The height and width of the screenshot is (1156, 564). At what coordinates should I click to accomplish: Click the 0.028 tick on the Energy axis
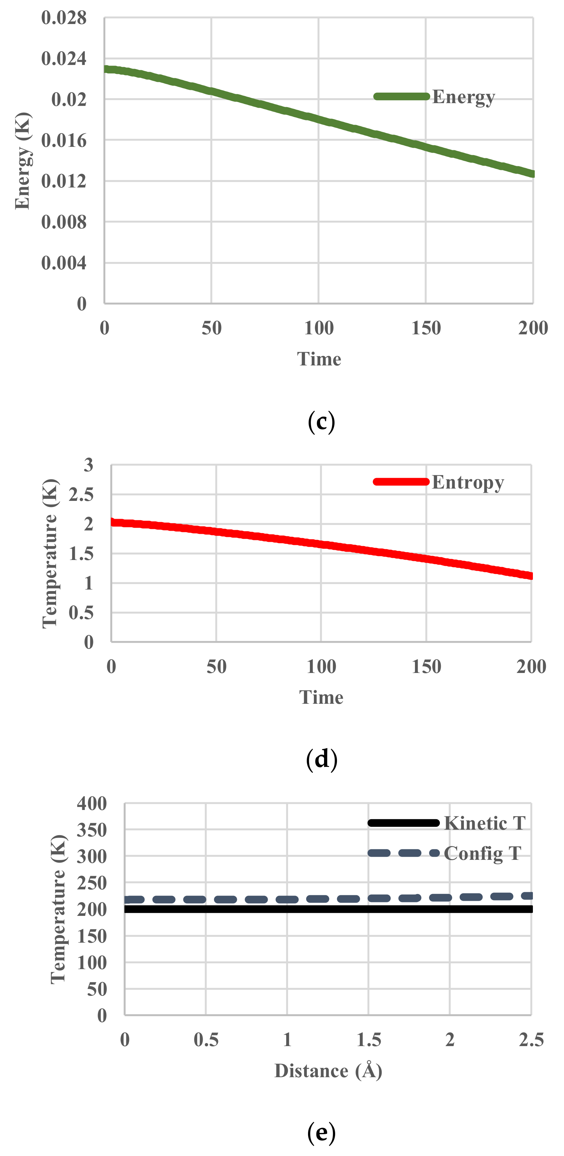tap(63, 18)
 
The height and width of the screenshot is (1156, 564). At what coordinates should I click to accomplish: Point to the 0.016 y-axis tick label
tap(63, 140)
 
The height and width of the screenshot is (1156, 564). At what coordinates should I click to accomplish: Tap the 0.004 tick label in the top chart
tap(63, 263)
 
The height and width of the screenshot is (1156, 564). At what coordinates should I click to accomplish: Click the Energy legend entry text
tap(463, 97)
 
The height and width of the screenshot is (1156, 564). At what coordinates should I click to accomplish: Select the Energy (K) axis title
tap(22, 161)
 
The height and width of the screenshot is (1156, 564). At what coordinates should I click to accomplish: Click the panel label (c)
tap(322, 422)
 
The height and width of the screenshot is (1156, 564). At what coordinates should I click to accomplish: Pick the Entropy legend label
tap(468, 482)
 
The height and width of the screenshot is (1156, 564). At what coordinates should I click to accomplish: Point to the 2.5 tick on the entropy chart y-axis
tap(81, 494)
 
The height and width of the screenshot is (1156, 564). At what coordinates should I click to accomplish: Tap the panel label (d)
tap(322, 759)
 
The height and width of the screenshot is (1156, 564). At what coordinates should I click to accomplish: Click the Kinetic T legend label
tap(485, 823)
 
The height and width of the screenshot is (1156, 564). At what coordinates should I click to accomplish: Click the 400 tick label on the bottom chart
tap(92, 804)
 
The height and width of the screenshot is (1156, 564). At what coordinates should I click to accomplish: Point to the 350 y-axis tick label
tap(92, 830)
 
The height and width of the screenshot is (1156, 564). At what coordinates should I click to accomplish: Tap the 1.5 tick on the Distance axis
tap(369, 1040)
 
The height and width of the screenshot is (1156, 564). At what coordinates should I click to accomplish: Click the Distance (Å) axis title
tap(328, 1071)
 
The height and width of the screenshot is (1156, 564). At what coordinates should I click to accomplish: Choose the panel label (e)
tap(322, 1132)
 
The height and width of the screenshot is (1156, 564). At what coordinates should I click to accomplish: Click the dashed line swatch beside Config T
tap(403, 853)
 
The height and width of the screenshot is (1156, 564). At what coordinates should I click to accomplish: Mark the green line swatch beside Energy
tap(401, 96)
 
